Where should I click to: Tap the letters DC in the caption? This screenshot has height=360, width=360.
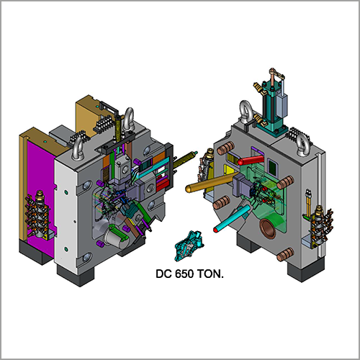tap(163, 274)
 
